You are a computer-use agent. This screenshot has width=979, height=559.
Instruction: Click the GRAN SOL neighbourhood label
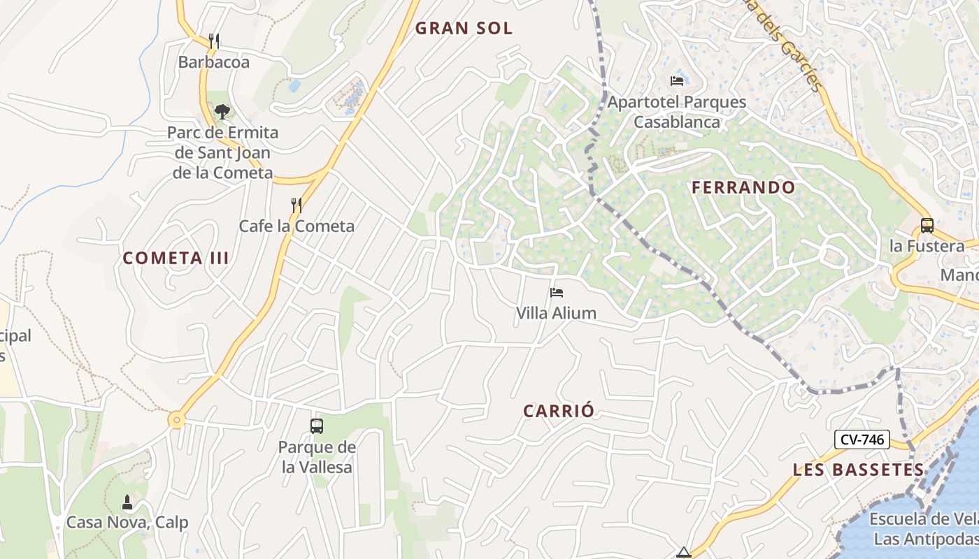(x=464, y=29)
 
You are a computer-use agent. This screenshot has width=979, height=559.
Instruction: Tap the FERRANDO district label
(x=743, y=187)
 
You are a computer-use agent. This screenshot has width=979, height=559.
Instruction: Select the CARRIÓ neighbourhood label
(x=559, y=411)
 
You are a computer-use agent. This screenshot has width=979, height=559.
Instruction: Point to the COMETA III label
(x=176, y=258)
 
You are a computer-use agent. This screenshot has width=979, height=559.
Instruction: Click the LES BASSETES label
(x=858, y=470)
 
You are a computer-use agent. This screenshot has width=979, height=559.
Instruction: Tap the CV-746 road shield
(x=862, y=440)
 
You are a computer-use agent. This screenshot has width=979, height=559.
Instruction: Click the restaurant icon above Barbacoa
(x=214, y=41)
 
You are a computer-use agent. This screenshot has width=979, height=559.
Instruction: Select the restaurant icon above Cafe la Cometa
(x=296, y=205)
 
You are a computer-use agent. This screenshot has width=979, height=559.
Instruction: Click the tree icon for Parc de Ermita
(x=222, y=111)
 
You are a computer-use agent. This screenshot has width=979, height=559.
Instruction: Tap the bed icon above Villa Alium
(x=557, y=292)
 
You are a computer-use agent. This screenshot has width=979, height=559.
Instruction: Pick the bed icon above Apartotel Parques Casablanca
(x=676, y=80)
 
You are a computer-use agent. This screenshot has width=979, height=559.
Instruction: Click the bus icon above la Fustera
(x=927, y=225)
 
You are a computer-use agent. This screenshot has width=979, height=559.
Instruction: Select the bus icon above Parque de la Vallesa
(x=317, y=426)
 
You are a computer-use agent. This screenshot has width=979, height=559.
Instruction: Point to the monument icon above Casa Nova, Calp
(x=127, y=502)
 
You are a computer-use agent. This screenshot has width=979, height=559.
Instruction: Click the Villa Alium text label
(x=556, y=313)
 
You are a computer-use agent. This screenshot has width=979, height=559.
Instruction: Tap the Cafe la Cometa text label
(x=296, y=226)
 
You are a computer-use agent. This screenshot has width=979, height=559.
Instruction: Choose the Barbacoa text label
(x=213, y=61)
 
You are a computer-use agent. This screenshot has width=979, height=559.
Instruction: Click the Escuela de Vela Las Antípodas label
(x=924, y=529)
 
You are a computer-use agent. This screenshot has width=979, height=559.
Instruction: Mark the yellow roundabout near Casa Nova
(x=176, y=420)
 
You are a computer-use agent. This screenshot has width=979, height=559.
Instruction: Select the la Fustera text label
(x=927, y=246)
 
